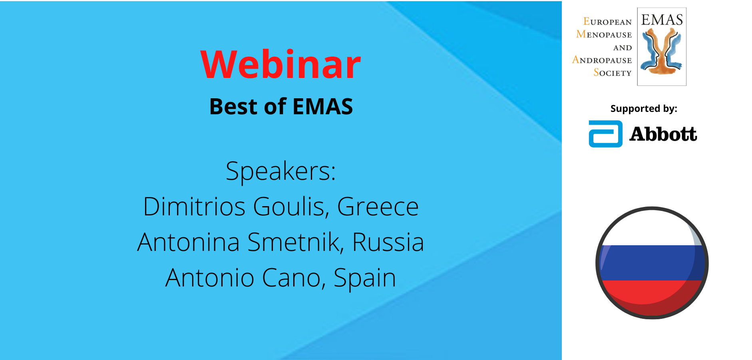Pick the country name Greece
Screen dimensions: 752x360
[378, 207]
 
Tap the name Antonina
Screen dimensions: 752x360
[189, 242]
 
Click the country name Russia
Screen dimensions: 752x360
[388, 242]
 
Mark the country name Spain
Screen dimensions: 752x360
[365, 278]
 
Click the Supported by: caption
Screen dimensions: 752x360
[644, 109]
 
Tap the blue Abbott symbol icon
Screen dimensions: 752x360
[605, 134]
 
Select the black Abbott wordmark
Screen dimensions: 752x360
[663, 134]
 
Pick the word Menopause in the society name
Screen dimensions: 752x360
[604, 34]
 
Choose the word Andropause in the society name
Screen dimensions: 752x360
[602, 60]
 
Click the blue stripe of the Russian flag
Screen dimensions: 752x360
[652, 263]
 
